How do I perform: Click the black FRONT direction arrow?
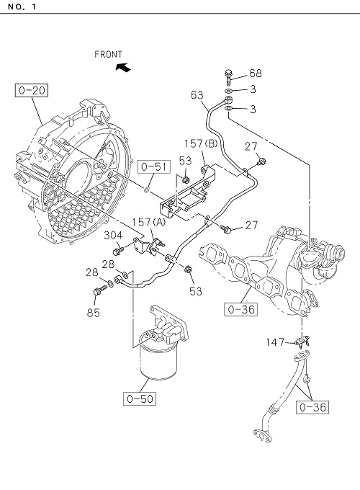click(x=123, y=67)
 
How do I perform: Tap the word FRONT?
click(x=108, y=54)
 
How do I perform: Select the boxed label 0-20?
click(x=32, y=91)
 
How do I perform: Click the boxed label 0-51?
click(x=154, y=166)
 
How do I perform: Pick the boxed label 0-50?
click(x=140, y=398)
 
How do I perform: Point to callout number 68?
click(x=256, y=73)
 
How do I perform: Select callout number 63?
click(x=197, y=95)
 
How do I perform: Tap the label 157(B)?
click(x=201, y=143)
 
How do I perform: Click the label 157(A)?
click(x=148, y=222)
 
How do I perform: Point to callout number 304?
click(x=113, y=235)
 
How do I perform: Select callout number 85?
click(x=93, y=313)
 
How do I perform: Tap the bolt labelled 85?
click(x=99, y=291)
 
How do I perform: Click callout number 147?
click(x=275, y=342)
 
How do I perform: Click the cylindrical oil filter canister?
click(x=158, y=360)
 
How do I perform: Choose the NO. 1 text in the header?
click(x=22, y=7)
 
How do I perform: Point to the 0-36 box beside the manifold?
click(x=241, y=309)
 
